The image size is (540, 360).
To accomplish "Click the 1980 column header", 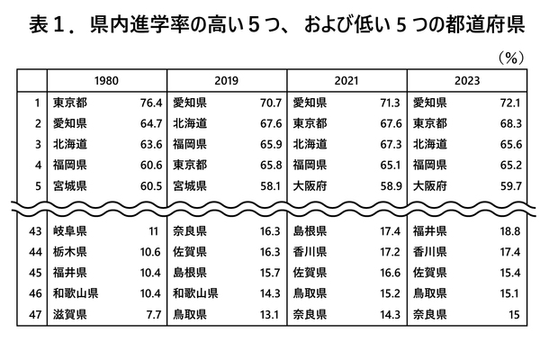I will (107, 80).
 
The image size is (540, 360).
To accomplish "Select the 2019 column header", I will (227, 80).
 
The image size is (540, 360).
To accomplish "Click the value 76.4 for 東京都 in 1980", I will (148, 103).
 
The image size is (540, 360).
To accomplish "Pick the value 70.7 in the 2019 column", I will (267, 103).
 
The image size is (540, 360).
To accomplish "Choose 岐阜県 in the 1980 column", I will (69, 230).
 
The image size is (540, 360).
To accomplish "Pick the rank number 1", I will (37, 103).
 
